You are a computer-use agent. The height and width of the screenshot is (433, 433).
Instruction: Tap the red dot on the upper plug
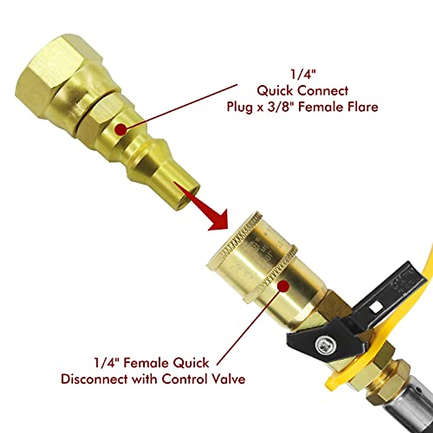pyautogui.click(x=121, y=129)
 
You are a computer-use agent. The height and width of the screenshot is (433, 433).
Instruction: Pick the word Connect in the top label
pyautogui.click(x=323, y=90)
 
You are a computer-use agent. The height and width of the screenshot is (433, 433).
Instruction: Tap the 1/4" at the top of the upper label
pyautogui.click(x=302, y=74)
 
